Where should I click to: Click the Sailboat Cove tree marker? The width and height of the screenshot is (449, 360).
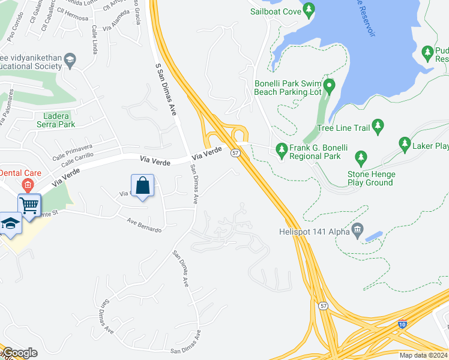pos(309,9)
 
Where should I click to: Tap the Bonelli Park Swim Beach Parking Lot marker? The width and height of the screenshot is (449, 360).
pos(328,87)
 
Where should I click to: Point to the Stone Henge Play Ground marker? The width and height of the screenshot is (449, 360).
pos(361,159)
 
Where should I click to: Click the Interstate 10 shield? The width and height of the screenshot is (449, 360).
pos(401,325)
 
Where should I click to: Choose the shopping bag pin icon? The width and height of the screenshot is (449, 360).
pos(142,185)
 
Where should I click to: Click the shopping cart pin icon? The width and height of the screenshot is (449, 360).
pos(29,205)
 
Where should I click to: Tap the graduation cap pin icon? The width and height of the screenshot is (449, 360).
pos(10,224)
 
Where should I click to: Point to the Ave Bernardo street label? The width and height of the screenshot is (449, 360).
pos(144,224)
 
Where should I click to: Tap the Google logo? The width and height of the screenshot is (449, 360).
pos(19,353)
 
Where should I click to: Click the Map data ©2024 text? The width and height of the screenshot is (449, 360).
pos(423,355)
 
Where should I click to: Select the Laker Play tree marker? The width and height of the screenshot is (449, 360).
pos(404,145)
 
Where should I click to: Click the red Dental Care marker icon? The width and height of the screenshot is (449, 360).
pos(26,184)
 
